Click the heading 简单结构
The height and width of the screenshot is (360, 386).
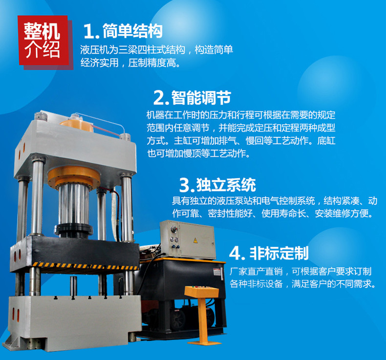tap(132, 32)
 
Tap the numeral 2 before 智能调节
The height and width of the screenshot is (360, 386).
tap(160, 98)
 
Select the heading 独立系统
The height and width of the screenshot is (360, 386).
tap(226, 185)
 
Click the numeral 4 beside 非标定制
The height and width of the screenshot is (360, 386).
tap(236, 253)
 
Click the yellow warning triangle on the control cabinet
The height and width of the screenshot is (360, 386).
tap(195, 240)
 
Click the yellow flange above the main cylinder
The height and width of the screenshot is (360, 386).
tap(73, 176)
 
